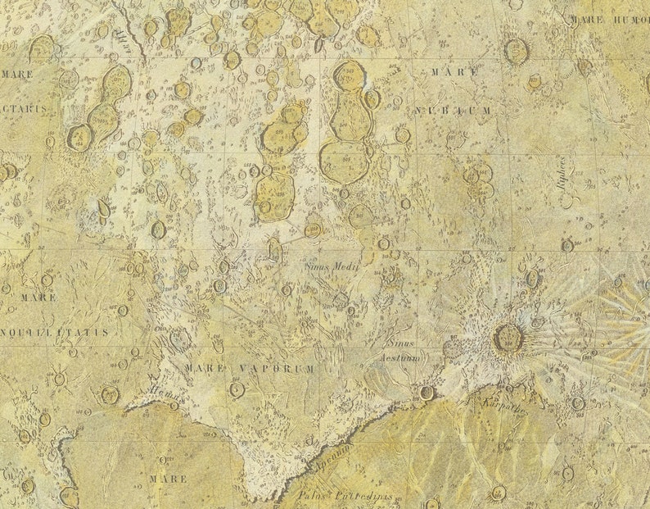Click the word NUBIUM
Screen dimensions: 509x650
click(x=453, y=110)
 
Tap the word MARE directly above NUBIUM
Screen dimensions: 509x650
click(x=449, y=73)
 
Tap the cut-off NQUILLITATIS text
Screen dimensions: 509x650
click(x=54, y=332)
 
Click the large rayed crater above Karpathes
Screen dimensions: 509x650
click(x=508, y=337)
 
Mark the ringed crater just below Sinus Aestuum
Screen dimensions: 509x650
click(x=427, y=392)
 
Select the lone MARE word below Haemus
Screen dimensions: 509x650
click(x=167, y=478)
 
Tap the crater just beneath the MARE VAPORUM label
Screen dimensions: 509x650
click(x=237, y=389)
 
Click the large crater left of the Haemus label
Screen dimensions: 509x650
click(x=109, y=395)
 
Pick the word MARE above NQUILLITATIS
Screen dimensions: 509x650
click(x=38, y=297)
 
